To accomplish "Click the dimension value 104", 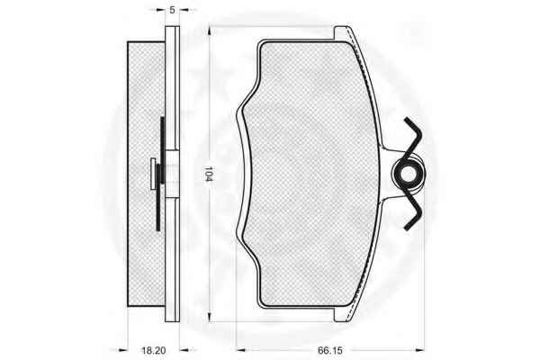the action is coord(209,174).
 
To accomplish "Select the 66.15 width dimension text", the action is coord(330,350).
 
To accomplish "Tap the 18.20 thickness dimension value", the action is coord(154,351).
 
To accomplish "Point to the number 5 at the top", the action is coord(172,10).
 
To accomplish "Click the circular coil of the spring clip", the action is coord(409,174).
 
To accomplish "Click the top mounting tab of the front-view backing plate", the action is coord(343,33).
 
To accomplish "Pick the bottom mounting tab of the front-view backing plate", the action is coord(342,314).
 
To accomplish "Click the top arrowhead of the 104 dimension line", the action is coord(210,31).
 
